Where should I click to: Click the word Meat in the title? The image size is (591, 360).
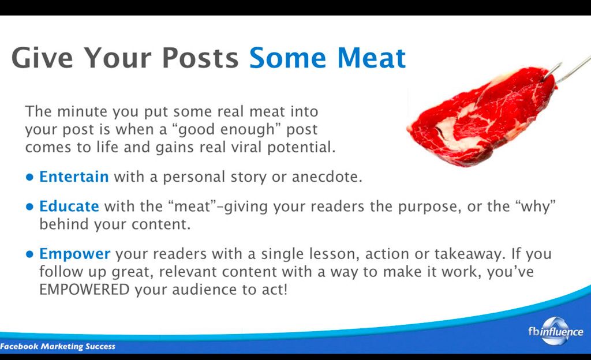click(x=371, y=58)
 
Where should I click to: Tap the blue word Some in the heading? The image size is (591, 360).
click(x=287, y=58)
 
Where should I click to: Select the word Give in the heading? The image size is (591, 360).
click(x=42, y=58)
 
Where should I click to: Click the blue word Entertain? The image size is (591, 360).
click(x=74, y=177)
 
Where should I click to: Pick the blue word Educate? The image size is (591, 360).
click(x=69, y=207)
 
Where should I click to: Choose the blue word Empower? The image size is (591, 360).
click(x=74, y=254)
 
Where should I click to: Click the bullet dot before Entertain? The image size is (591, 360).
click(x=30, y=177)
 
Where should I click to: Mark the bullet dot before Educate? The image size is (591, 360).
click(x=30, y=207)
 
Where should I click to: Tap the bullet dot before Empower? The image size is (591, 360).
click(x=30, y=254)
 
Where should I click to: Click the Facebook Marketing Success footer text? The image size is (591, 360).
click(x=58, y=347)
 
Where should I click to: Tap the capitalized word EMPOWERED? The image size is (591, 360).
click(x=84, y=290)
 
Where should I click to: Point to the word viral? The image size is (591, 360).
click(x=246, y=147)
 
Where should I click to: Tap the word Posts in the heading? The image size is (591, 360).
click(x=200, y=58)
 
